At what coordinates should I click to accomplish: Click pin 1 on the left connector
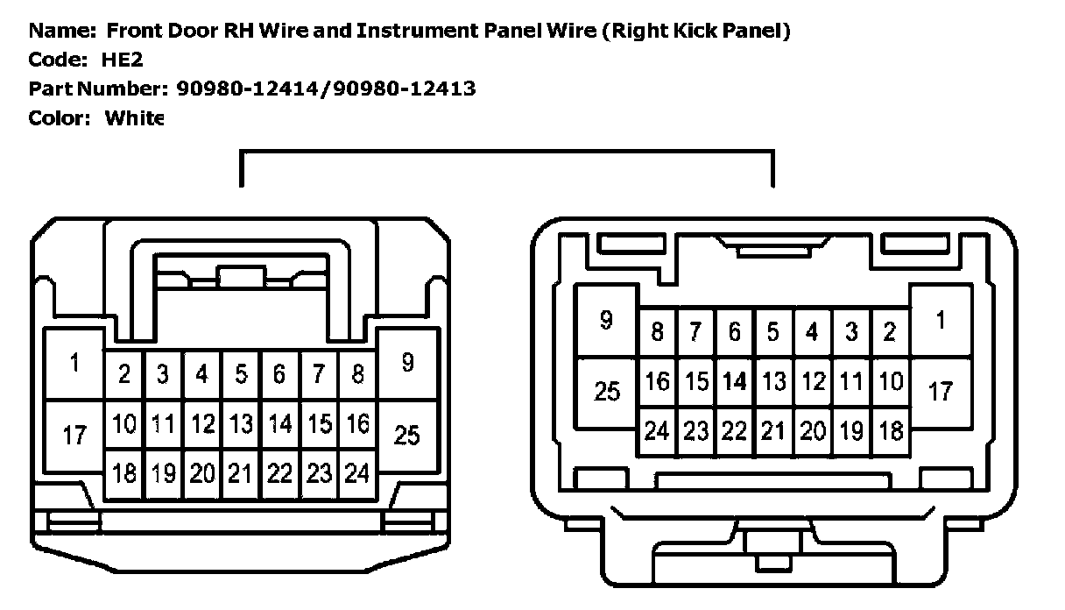[74, 363]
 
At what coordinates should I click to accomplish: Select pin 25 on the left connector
[406, 434]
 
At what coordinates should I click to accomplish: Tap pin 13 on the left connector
[241, 425]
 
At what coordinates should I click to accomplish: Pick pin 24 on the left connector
[357, 474]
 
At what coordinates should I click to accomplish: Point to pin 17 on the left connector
[74, 434]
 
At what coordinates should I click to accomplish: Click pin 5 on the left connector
[241, 375]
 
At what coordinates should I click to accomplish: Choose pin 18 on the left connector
[125, 474]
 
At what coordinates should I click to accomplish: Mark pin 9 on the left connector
[406, 363]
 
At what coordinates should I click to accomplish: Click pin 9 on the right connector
[606, 320]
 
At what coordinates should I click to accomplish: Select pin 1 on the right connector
[941, 320]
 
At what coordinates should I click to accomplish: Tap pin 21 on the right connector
[772, 431]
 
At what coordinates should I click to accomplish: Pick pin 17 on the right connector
[941, 391]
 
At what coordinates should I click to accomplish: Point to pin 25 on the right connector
[606, 391]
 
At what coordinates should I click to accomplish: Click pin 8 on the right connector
[657, 332]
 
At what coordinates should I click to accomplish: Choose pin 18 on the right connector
[890, 431]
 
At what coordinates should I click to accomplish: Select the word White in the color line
[134, 117]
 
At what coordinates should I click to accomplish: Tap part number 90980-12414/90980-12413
[326, 89]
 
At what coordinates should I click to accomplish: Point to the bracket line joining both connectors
[506, 152]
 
